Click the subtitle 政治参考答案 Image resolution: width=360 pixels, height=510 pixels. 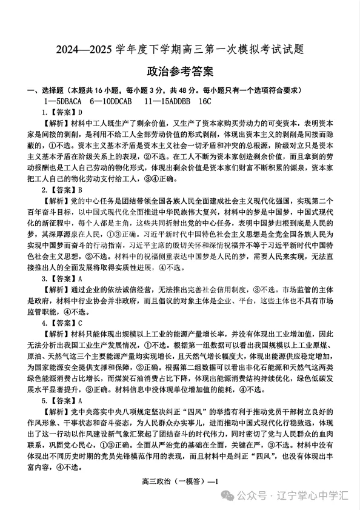[180, 72]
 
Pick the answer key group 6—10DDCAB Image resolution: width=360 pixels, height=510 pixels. [118, 101]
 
